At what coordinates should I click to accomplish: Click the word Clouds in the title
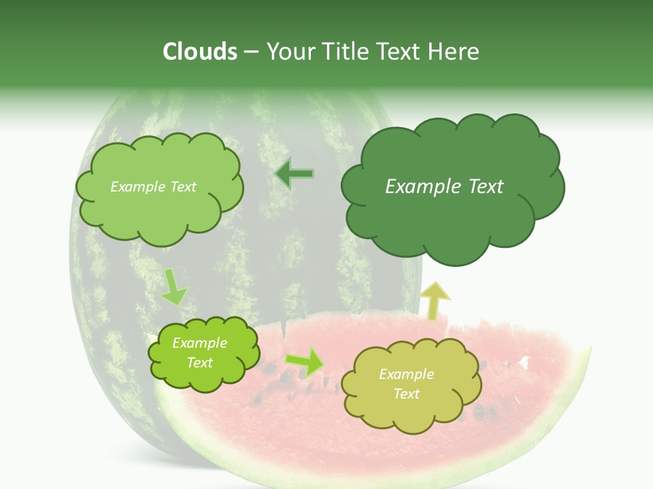pyautogui.click(x=200, y=52)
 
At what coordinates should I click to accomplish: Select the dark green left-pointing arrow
pyautogui.click(x=294, y=174)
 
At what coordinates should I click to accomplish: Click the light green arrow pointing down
pyautogui.click(x=173, y=286)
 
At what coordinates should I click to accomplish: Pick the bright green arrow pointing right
pyautogui.click(x=305, y=361)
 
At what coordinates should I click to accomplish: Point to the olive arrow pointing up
pyautogui.click(x=435, y=300)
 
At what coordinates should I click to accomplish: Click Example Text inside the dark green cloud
pyautogui.click(x=444, y=187)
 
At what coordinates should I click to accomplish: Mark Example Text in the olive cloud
pyautogui.click(x=406, y=384)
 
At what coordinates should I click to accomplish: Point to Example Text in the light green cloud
pyautogui.click(x=153, y=187)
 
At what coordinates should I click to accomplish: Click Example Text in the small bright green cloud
pyautogui.click(x=199, y=352)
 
